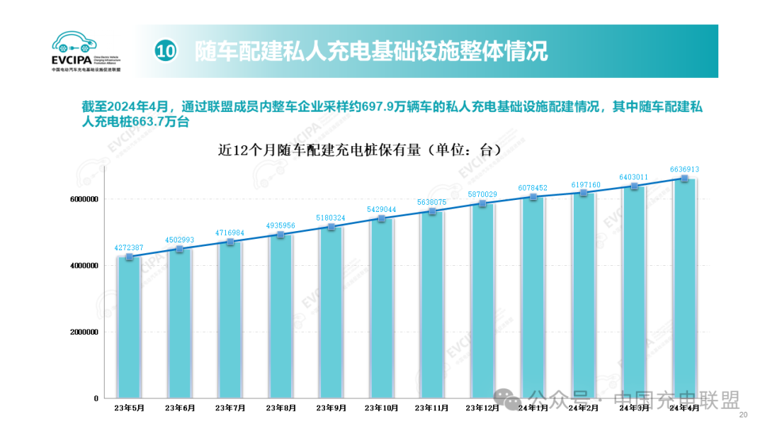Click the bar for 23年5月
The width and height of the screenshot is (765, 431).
coord(129,326)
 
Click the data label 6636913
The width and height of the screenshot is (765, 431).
coord(684,169)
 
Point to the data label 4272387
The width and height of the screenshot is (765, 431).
coord(129,247)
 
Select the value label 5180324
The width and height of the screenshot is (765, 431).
coord(331,218)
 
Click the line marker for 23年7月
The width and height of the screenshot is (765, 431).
coord(230,242)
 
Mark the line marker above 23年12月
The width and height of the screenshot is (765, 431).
coord(482,203)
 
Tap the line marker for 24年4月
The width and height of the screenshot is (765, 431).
coord(684,179)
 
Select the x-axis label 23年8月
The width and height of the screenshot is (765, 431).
coord(280,408)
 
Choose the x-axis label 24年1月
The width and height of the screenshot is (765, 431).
coord(533,408)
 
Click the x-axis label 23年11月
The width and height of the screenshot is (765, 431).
coord(431,408)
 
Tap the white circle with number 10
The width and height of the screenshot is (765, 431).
coord(166,51)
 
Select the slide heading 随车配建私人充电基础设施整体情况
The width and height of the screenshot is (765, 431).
coord(372,51)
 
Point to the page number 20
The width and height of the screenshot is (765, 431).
coord(743,415)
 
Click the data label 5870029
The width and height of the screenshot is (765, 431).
coord(482,194)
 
